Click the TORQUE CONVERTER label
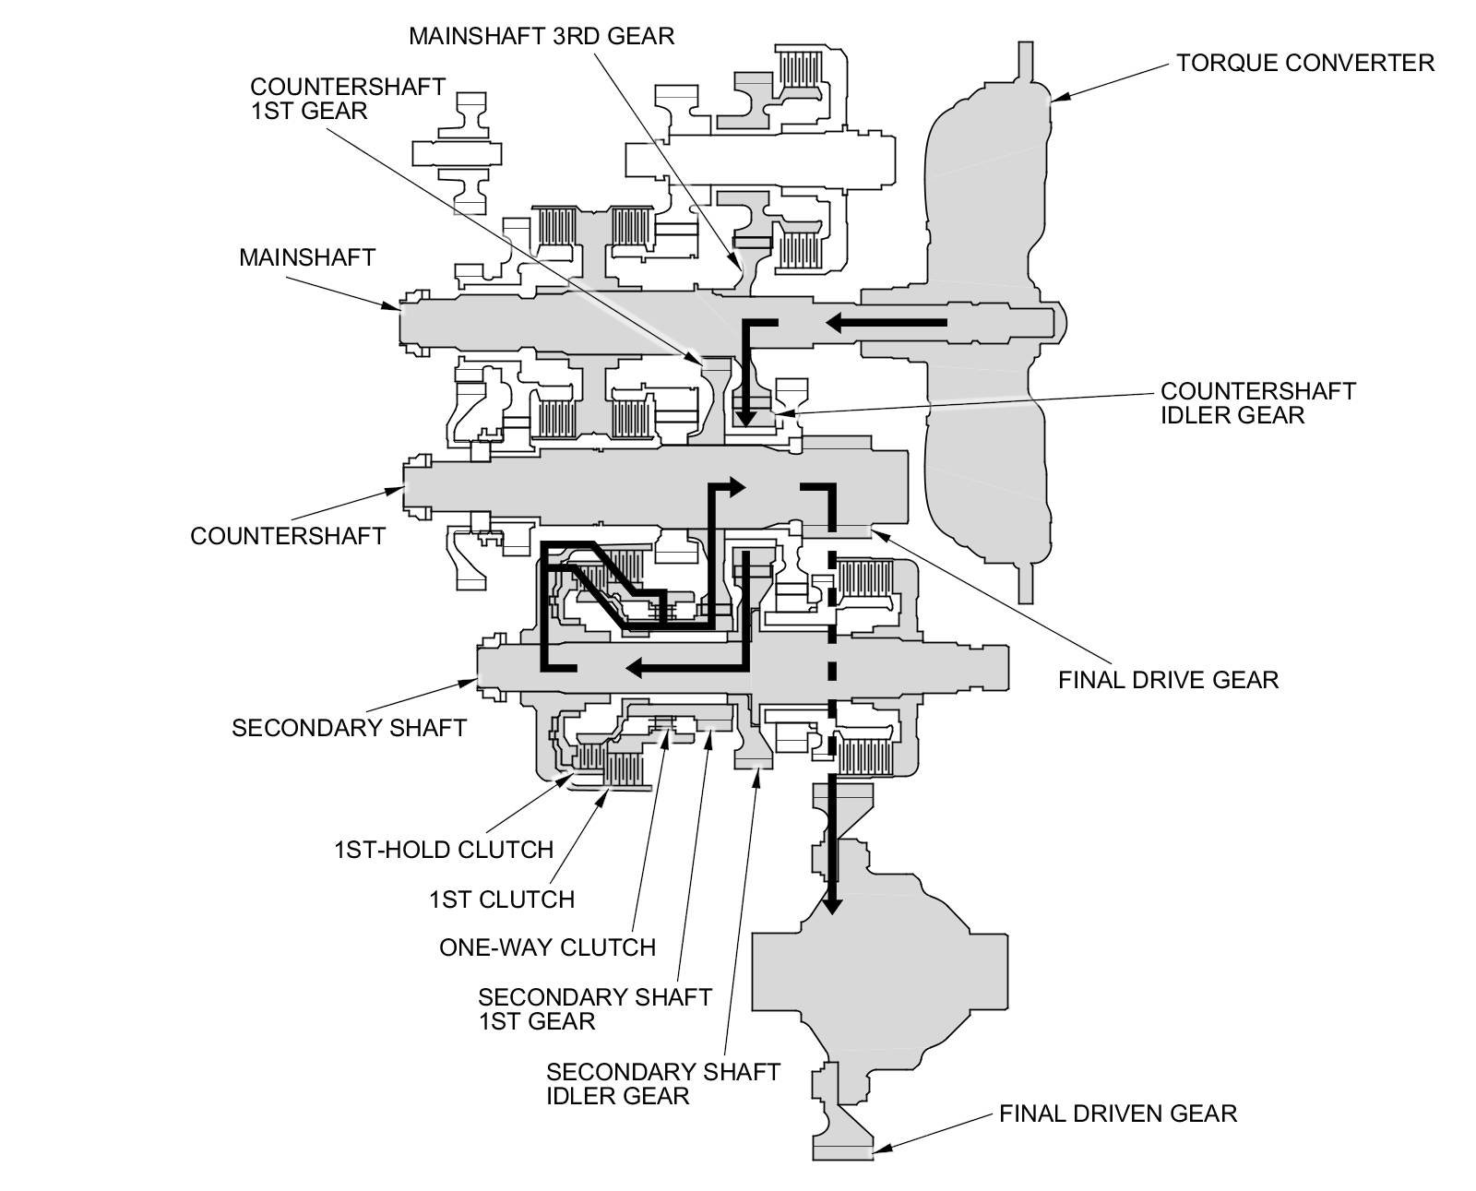point(1304,63)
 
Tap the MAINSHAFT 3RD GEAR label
point(542,36)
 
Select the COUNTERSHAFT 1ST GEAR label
point(348,98)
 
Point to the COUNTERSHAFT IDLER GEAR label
point(1257,402)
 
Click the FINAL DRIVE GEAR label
point(1168,680)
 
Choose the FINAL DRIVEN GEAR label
point(1117,1114)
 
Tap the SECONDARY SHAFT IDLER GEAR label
point(662,1083)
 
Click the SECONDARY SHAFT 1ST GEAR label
point(594,1008)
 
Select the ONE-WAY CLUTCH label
point(547,947)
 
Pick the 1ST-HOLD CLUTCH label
point(443,849)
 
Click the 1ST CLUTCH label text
point(501,899)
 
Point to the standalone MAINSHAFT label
point(307,256)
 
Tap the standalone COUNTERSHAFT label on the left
point(287,535)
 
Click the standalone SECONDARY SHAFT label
point(349,727)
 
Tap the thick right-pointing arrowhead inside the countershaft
point(735,486)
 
